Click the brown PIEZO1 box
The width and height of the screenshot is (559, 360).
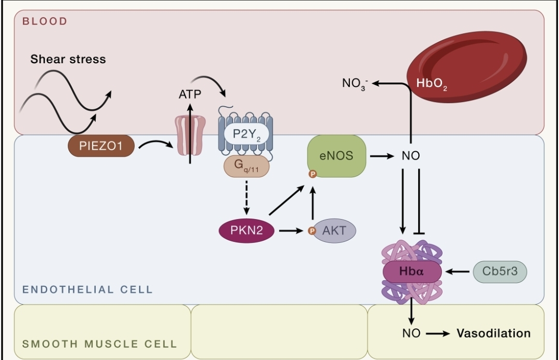(x=101, y=147)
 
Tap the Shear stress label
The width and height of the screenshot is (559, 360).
(x=68, y=59)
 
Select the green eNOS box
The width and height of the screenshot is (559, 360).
(x=336, y=155)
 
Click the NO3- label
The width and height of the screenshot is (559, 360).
(x=355, y=83)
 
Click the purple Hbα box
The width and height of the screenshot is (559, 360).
(x=412, y=271)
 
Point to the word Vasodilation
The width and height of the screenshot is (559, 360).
(x=493, y=333)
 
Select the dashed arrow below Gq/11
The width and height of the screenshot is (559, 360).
(x=246, y=197)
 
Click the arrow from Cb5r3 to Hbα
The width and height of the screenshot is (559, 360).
(x=458, y=271)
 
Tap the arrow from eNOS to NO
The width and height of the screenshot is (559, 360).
(x=382, y=155)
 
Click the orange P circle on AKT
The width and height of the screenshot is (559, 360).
(x=311, y=231)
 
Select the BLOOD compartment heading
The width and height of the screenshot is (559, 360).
(x=45, y=21)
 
